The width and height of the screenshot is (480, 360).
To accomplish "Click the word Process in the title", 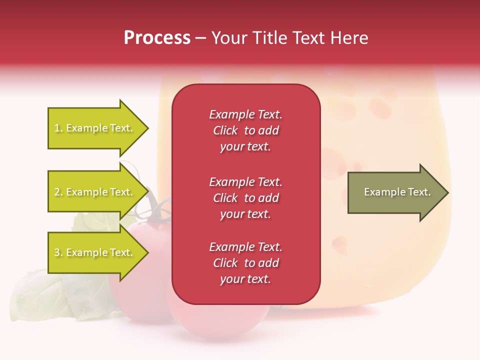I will [157, 37].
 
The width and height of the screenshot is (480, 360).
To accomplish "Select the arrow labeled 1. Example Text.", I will [95, 128].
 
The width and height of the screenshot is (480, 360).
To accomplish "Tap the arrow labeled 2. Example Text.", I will [95, 192].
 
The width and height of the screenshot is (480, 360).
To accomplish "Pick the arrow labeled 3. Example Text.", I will [95, 252].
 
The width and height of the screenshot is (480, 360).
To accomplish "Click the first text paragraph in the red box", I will [245, 130].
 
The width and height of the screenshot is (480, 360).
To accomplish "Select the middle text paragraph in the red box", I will [245, 198].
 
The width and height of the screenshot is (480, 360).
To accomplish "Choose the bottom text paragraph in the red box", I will [245, 263].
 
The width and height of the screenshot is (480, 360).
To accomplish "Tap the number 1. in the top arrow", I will [58, 128].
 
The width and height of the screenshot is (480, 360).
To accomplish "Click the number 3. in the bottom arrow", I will [58, 252].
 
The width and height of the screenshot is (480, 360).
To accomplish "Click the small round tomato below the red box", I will [220, 320].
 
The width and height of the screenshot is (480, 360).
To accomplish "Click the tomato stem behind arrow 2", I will [157, 210].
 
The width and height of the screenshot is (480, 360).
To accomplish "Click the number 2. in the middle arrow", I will [58, 192].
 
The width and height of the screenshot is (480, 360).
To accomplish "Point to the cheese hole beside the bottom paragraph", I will [339, 244].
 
